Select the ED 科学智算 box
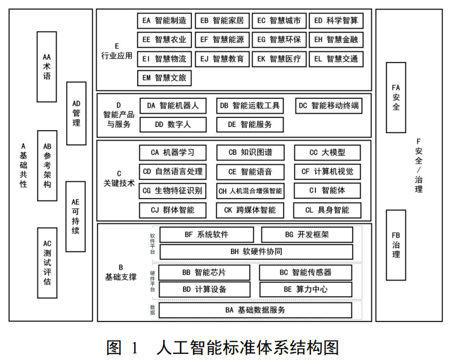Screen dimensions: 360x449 pyautogui.click(x=336, y=21)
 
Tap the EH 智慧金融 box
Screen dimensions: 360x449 pyautogui.click(x=336, y=40)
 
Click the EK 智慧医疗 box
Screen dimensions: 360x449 pyautogui.click(x=279, y=59)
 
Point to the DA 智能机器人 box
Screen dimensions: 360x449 pyautogui.click(x=173, y=106)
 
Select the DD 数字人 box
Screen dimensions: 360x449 pyautogui.click(x=173, y=125)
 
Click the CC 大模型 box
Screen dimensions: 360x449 pyautogui.click(x=327, y=153)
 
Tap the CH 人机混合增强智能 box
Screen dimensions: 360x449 pyautogui.click(x=250, y=191)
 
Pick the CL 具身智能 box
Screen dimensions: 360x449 pyautogui.click(x=327, y=210)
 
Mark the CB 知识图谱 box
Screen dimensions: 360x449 pyautogui.click(x=250, y=153)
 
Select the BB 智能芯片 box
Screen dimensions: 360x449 pyautogui.click(x=205, y=272)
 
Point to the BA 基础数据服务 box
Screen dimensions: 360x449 pyautogui.click(x=256, y=310)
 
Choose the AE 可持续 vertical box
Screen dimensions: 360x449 pyautogui.click(x=76, y=216)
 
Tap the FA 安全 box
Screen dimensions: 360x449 pyautogui.click(x=395, y=97)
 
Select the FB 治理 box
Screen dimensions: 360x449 pyautogui.click(x=395, y=245)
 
